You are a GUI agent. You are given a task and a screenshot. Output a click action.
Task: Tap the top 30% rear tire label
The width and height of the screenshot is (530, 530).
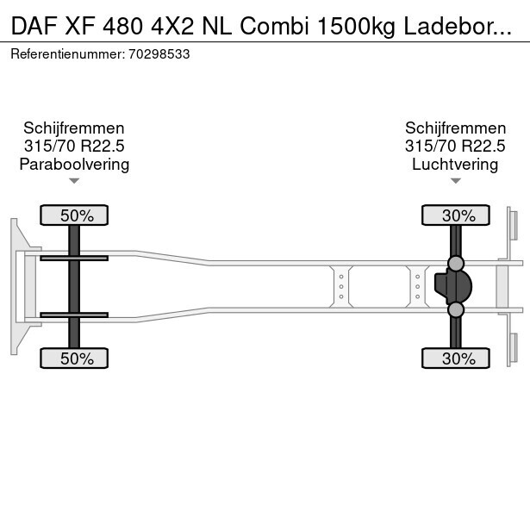[456, 215]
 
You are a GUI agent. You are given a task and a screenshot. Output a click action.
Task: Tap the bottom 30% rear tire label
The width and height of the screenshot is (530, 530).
[456, 359]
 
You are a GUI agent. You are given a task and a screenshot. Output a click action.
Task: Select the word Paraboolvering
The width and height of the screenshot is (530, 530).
[74, 165]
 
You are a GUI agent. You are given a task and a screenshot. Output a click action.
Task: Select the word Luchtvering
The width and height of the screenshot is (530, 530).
[455, 165]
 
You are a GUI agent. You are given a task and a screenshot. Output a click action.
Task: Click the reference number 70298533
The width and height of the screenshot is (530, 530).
[159, 53]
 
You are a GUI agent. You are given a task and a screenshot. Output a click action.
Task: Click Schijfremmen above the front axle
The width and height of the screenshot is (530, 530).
[74, 128]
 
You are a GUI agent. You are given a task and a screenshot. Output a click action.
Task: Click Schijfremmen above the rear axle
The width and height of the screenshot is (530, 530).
[455, 128]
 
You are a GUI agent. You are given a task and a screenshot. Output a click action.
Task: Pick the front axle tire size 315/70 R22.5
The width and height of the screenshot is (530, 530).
[74, 147]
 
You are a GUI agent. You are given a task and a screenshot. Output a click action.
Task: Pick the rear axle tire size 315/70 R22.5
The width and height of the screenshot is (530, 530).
[455, 147]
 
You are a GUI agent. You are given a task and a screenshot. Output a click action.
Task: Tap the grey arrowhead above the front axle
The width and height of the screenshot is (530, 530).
[74, 181]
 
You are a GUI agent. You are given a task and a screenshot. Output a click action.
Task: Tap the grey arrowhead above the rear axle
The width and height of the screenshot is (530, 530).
[455, 181]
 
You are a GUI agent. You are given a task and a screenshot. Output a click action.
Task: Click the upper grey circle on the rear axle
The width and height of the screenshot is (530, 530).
[456, 263]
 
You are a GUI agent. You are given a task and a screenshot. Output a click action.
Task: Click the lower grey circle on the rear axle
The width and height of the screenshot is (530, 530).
[456, 309]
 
